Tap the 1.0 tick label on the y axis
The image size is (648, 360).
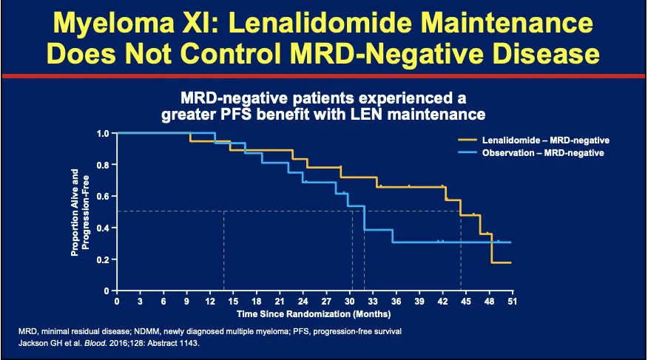[x=103, y=133]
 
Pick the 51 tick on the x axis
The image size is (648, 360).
[x=511, y=302]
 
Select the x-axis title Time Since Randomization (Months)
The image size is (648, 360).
[x=314, y=314]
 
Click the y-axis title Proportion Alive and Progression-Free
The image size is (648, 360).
[x=79, y=212]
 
